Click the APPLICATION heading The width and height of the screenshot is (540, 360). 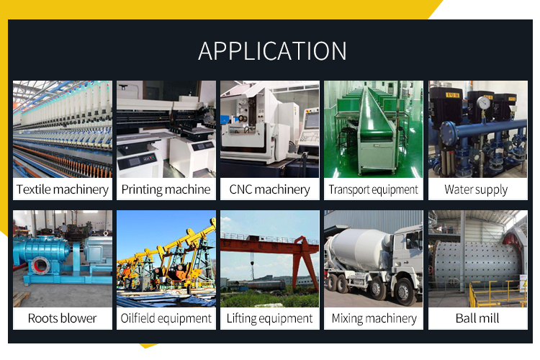point(272,51)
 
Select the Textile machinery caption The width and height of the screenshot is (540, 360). point(63,189)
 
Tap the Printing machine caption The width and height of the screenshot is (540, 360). point(166,189)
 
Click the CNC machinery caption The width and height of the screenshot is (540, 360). point(270,189)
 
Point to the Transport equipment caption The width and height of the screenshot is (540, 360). point(373,189)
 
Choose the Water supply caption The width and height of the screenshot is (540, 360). point(477,189)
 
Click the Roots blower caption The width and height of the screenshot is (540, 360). point(63,318)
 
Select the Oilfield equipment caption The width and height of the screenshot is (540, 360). point(166,318)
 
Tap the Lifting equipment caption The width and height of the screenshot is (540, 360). point(270,318)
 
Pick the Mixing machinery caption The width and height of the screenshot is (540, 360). point(374,318)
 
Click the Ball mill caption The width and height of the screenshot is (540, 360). point(477,318)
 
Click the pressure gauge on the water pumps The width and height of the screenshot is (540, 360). point(484,102)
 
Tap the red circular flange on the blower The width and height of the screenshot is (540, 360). point(40,265)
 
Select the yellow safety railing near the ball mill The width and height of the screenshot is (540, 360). point(496,293)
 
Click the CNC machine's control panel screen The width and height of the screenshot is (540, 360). point(312,121)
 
